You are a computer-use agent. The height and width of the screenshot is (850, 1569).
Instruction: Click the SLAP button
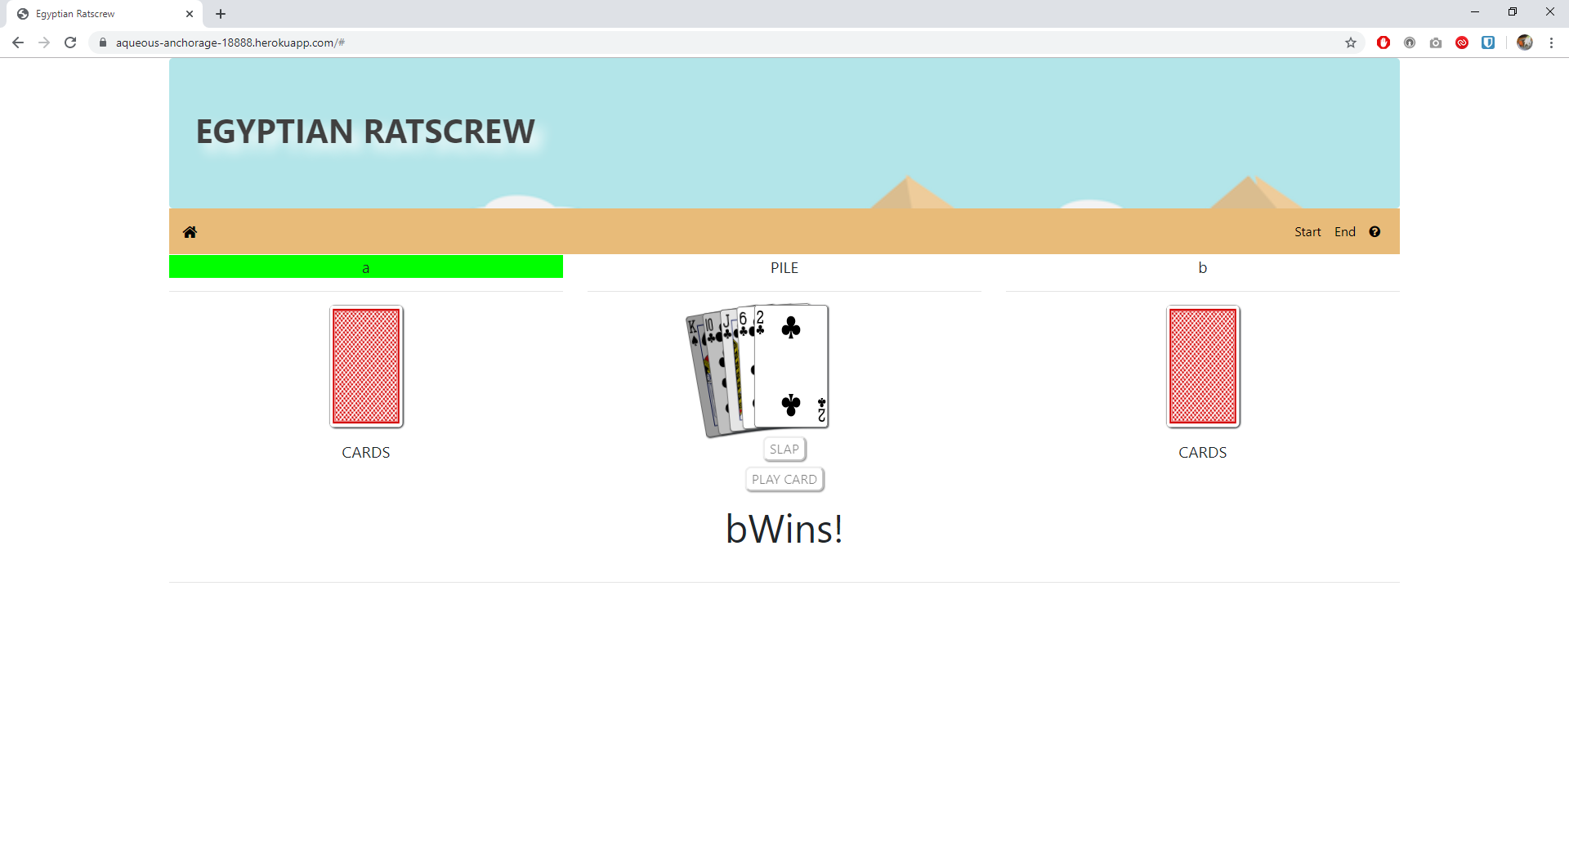click(784, 449)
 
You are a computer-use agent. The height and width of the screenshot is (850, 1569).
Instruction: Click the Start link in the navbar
click(1307, 232)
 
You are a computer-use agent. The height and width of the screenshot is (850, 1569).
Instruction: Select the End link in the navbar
click(1344, 232)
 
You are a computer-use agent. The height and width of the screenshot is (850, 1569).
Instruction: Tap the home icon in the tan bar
click(190, 232)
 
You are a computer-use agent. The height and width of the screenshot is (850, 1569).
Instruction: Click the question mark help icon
click(1375, 232)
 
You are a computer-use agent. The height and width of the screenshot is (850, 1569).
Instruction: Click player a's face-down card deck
click(366, 366)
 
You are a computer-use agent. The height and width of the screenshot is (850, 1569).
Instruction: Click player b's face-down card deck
click(1202, 366)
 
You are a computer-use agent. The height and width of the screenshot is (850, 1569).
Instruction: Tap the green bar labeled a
click(365, 267)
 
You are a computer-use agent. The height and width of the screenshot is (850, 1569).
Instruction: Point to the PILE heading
click(784, 268)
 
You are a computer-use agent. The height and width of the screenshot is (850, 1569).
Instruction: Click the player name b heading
click(1202, 268)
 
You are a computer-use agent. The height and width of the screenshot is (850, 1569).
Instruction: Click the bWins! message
click(784, 529)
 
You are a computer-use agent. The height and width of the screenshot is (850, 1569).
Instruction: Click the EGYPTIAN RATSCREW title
click(365, 132)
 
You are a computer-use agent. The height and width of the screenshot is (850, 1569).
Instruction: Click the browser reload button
click(70, 42)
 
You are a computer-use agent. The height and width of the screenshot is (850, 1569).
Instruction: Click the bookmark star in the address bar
click(1350, 42)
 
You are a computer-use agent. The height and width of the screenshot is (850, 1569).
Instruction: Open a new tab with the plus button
click(221, 14)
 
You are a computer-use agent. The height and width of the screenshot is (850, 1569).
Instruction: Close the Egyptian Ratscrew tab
click(190, 14)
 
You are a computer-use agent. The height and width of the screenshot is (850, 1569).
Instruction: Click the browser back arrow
click(18, 42)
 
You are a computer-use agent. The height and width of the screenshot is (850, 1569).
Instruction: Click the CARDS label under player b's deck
click(1202, 453)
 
